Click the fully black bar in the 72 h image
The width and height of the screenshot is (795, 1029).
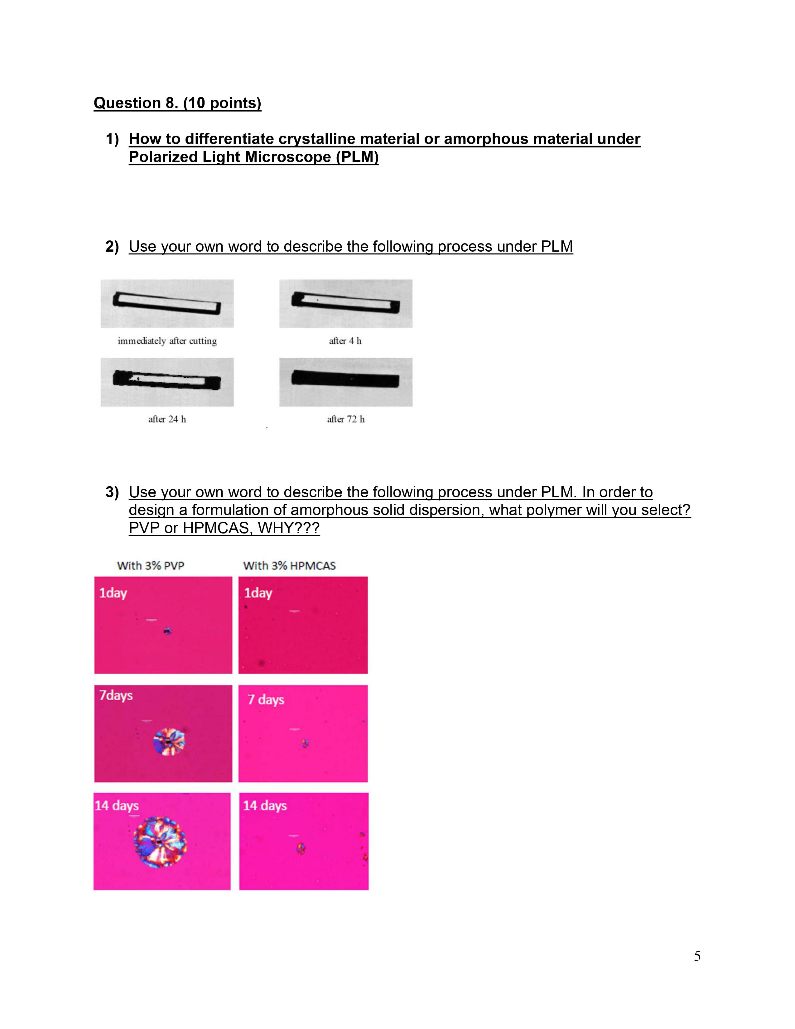coord(345,379)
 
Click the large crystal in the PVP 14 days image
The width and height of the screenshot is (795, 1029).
coord(160,842)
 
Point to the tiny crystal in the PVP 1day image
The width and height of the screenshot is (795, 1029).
coord(167,631)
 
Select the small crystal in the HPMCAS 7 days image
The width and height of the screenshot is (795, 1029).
coord(306,743)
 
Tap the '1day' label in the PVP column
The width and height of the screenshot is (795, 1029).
coord(113,593)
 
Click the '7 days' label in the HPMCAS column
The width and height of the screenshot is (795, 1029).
coord(266,700)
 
